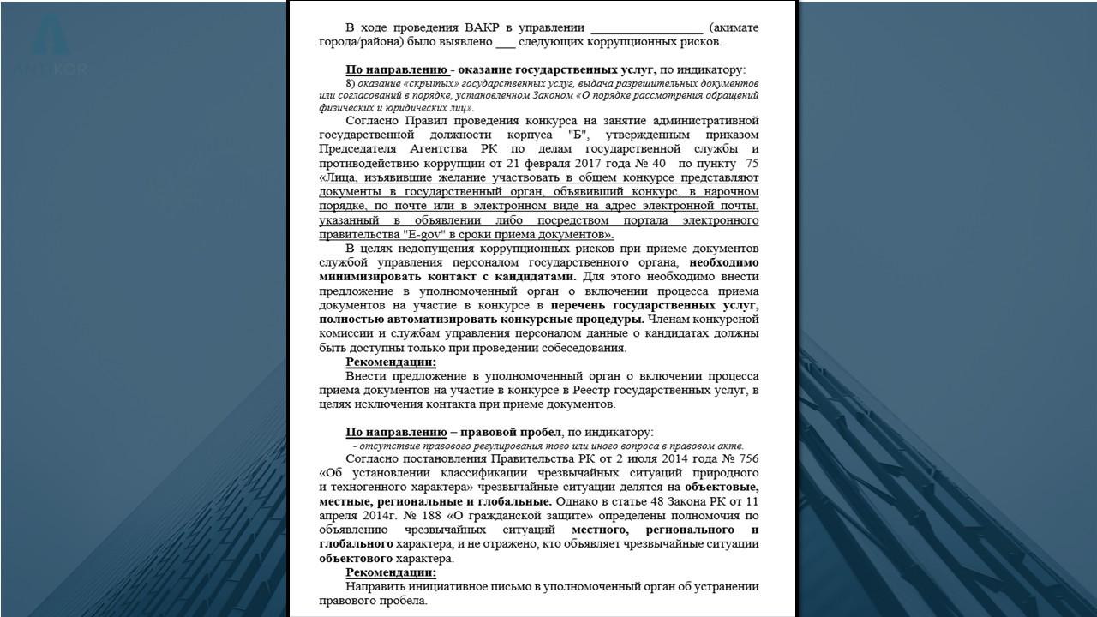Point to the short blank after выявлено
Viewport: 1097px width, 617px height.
click(x=506, y=41)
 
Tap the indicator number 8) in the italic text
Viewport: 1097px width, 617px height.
click(x=350, y=83)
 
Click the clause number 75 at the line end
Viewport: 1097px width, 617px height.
click(x=752, y=163)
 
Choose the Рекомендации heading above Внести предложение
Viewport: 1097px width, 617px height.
click(x=391, y=362)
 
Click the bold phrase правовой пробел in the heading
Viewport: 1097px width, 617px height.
click(x=511, y=432)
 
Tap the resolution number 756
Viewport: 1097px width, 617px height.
click(x=748, y=459)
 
